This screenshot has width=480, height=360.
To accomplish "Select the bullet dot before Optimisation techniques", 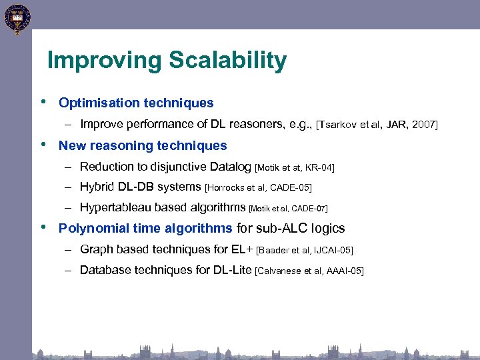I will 43,102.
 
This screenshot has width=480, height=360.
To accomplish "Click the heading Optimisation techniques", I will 136,103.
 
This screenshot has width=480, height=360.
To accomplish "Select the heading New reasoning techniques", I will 143,146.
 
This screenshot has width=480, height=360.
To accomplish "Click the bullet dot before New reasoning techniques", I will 43,145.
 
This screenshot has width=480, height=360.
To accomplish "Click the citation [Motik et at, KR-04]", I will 295,167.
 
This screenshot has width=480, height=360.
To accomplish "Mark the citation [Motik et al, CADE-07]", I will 288,209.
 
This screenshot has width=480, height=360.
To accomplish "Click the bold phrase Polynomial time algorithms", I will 145,229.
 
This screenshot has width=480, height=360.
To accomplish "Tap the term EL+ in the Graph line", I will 242,250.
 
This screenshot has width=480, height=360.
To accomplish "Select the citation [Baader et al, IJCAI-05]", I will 304,251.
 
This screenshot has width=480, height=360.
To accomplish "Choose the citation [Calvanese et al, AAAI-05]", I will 309,271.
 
